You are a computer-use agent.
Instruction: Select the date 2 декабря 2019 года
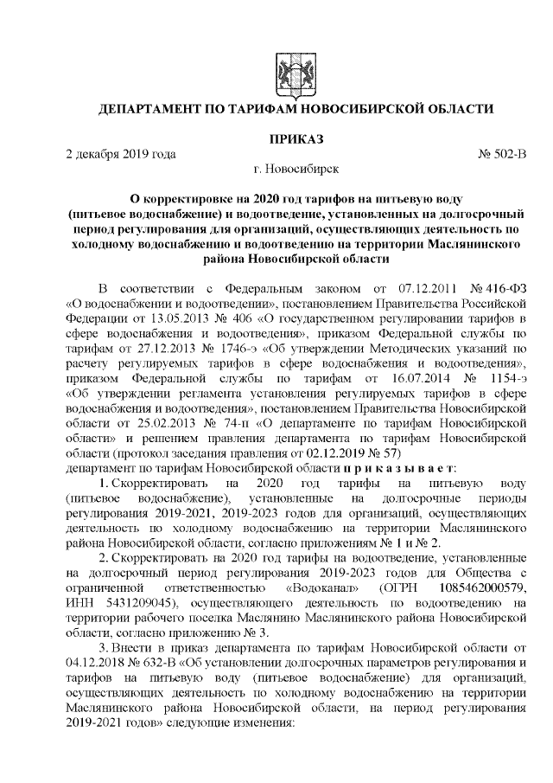click(121, 154)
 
